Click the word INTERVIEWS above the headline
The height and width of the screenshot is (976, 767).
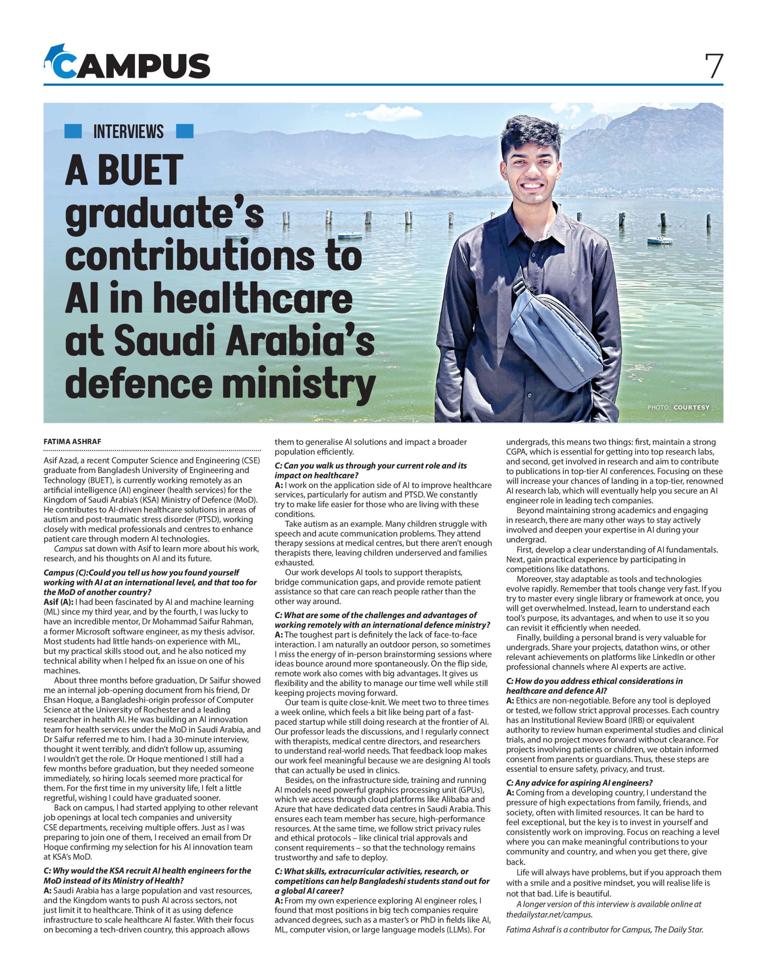pos(128,132)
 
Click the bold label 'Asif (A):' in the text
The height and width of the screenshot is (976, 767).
pos(58,602)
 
